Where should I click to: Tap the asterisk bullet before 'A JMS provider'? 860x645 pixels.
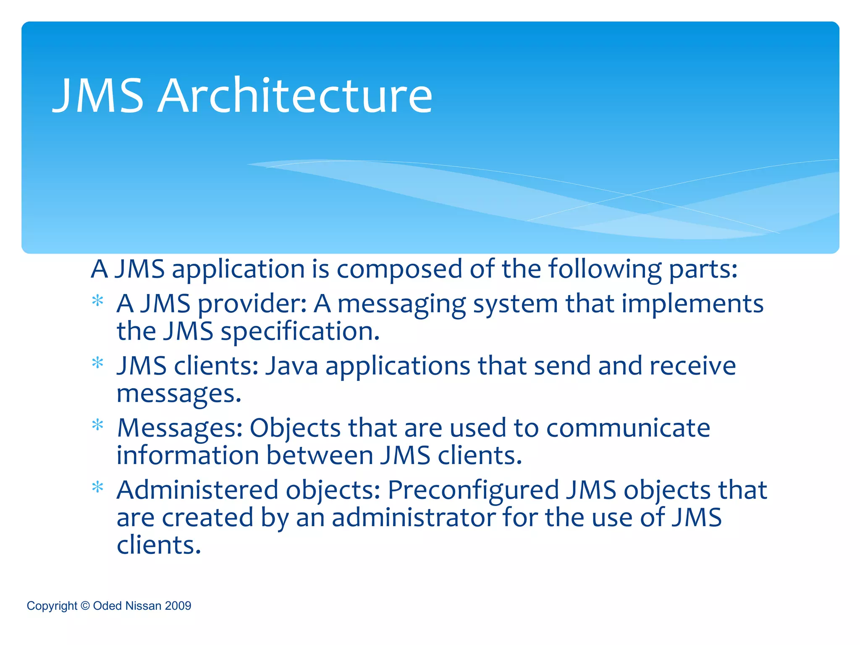pos(98,301)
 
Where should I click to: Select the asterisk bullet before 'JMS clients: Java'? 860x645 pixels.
pos(98,362)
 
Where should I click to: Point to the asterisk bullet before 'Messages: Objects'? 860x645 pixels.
pos(98,425)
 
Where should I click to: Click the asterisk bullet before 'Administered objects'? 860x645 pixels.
pos(98,487)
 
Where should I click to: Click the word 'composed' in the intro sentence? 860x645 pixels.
pos(399,270)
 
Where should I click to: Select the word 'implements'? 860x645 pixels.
pos(692,304)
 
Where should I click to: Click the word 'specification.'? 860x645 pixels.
pos(300,332)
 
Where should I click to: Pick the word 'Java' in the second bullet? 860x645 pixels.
pos(292,366)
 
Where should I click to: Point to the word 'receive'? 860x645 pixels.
pos(692,366)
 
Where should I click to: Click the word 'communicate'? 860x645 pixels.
pos(628,428)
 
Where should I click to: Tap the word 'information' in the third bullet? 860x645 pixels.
pos(188,455)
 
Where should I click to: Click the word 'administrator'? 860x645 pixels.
pos(413,517)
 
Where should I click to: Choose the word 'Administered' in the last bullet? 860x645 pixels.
pos(197,490)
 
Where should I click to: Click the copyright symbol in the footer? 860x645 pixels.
pos(85,606)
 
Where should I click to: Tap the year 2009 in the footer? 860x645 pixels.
pos(178,606)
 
